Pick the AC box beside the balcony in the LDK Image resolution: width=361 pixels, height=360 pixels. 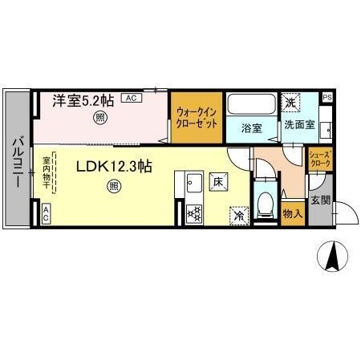(46, 213)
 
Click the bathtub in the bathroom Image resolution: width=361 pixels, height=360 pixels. (250, 105)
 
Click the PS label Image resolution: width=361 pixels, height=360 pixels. (327, 98)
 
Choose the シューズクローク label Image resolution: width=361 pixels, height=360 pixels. (319, 158)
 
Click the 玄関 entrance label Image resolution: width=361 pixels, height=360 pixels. (320, 200)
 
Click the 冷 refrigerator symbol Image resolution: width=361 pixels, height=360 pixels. (238, 214)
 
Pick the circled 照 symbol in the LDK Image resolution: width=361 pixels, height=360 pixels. (113, 187)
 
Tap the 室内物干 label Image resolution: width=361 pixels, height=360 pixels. (46, 172)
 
